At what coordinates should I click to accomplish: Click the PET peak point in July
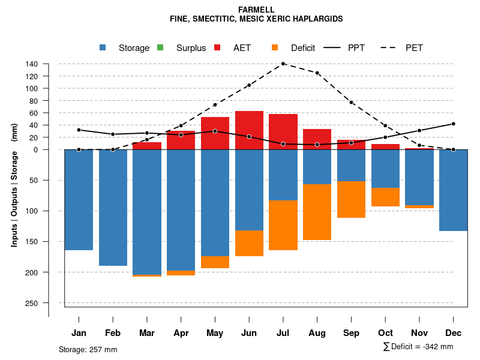pos(283,64)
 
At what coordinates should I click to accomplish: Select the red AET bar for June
pos(249,130)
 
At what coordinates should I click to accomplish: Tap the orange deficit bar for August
pos(317,212)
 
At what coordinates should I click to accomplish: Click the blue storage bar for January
pos(79,200)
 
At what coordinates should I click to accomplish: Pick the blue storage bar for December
pos(453,190)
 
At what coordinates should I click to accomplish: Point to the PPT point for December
pos(453,124)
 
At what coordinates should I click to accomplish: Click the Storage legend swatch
pos(103,47)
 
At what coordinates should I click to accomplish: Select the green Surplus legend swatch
pos(160,47)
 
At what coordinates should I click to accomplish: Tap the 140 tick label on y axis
pos(32,64)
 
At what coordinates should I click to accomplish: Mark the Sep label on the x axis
pos(352,333)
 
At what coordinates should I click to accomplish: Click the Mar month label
pos(147,333)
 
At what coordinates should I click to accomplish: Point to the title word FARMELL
pos(257,10)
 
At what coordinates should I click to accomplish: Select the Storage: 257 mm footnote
pos(88,349)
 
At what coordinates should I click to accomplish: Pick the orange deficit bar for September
pos(351,199)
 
